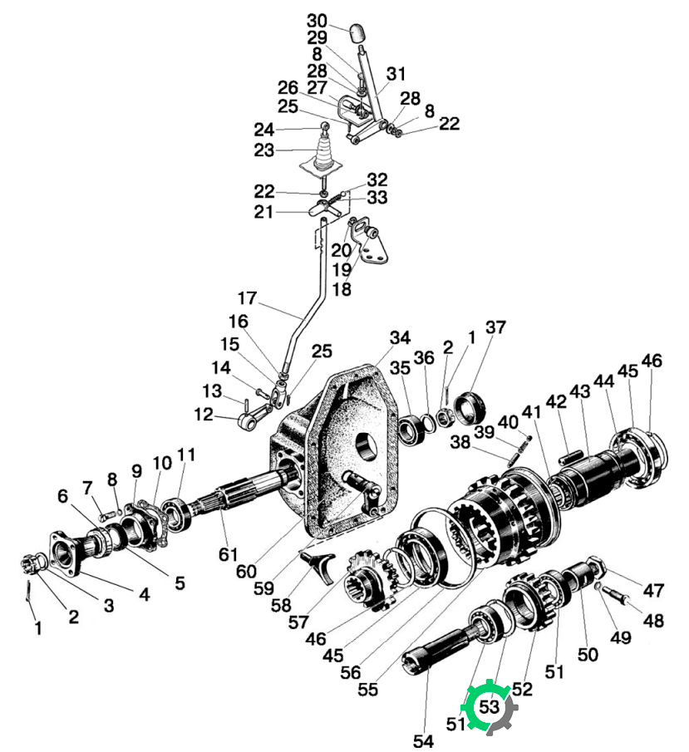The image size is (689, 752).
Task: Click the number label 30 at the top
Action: (x=317, y=21)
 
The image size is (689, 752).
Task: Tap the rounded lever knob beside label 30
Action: (x=359, y=33)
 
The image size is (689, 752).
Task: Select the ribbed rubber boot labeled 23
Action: (x=323, y=154)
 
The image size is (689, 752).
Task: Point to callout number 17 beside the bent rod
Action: (x=248, y=297)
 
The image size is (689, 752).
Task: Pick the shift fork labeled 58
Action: (x=319, y=566)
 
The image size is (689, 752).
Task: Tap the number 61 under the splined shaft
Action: (x=229, y=554)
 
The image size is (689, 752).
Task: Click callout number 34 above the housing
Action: (x=400, y=337)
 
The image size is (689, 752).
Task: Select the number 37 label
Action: (x=495, y=327)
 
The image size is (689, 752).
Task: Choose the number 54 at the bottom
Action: (x=423, y=740)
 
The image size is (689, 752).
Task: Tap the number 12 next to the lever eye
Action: (x=204, y=414)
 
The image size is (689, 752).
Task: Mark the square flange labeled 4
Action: (x=65, y=553)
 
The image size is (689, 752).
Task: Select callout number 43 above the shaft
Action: (x=580, y=391)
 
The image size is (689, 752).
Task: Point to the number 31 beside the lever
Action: (x=396, y=74)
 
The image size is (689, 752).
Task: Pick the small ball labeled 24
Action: (x=325, y=125)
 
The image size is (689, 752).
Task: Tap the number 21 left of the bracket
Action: (x=263, y=212)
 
